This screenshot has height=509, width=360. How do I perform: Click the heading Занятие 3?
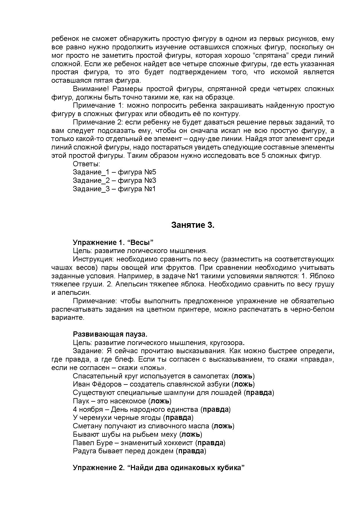tap(192, 225)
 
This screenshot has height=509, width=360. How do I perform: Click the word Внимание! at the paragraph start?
tap(91, 89)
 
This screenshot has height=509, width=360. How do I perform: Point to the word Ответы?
tap(86, 164)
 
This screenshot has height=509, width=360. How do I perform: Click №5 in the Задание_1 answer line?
tap(150, 172)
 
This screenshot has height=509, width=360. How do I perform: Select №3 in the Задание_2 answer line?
tap(150, 181)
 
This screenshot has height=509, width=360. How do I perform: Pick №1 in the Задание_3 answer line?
tap(150, 189)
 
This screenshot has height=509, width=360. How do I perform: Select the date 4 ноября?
tap(88, 409)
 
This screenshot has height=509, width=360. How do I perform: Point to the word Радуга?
tap(84, 451)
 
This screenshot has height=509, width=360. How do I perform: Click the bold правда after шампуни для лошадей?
tap(259, 393)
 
